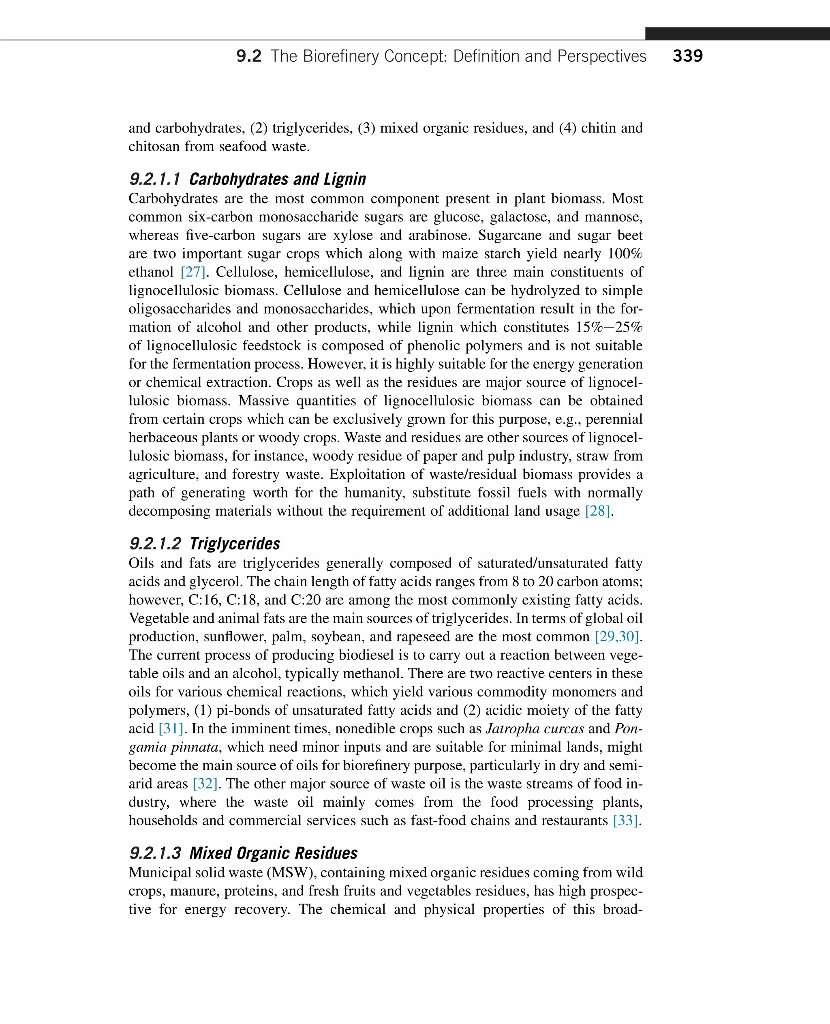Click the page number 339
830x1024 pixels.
pyautogui.click(x=687, y=56)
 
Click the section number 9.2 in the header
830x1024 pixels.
pyautogui.click(x=248, y=56)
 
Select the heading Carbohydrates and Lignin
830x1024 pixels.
pyautogui.click(x=277, y=179)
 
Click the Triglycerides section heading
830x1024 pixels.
pyautogui.click(x=234, y=544)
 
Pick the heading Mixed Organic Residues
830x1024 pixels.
pyautogui.click(x=273, y=853)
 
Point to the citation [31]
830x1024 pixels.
pyautogui.click(x=171, y=729)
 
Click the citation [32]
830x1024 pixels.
pyautogui.click(x=205, y=784)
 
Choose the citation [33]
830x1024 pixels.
pyautogui.click(x=626, y=821)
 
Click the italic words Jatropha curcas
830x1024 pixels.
pyautogui.click(x=535, y=729)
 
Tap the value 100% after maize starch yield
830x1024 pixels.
pyautogui.click(x=625, y=253)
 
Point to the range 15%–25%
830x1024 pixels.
pyautogui.click(x=609, y=328)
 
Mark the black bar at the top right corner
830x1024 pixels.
pyautogui.click(x=737, y=34)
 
